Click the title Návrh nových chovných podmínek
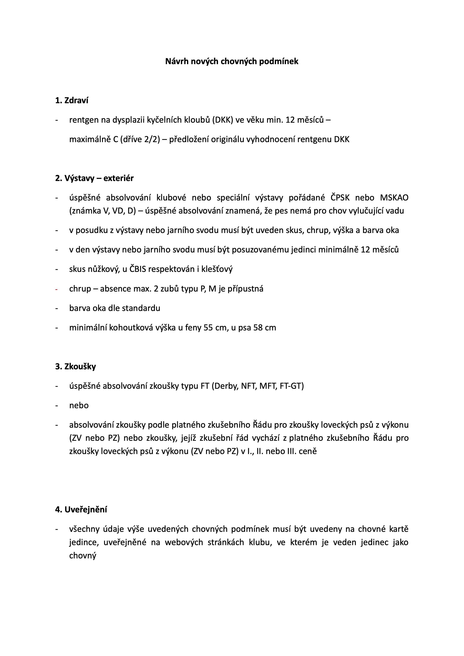[x=232, y=61]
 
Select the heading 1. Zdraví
[x=72, y=101]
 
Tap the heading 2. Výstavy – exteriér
[x=94, y=178]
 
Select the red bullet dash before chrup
[x=57, y=289]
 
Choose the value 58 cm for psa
[x=265, y=328]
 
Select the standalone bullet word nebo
[x=79, y=406]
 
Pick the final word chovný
[x=83, y=555]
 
